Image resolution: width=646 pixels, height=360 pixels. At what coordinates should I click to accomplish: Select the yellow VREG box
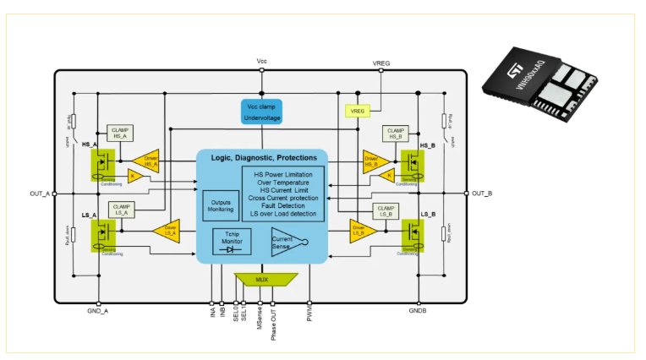pos(357,111)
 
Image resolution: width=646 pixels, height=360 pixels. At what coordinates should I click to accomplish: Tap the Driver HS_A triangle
pos(147,159)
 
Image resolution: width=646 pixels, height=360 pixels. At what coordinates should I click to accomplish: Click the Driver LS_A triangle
pos(167,228)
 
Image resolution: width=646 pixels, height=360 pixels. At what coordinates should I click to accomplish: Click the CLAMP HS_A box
pos(119,133)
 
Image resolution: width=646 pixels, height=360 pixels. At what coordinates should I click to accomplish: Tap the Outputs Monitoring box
pos(220,205)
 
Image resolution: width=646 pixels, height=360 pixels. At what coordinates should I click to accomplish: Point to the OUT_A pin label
pos(40,194)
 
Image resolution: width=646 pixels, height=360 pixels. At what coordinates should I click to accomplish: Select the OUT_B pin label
pos(482,194)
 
